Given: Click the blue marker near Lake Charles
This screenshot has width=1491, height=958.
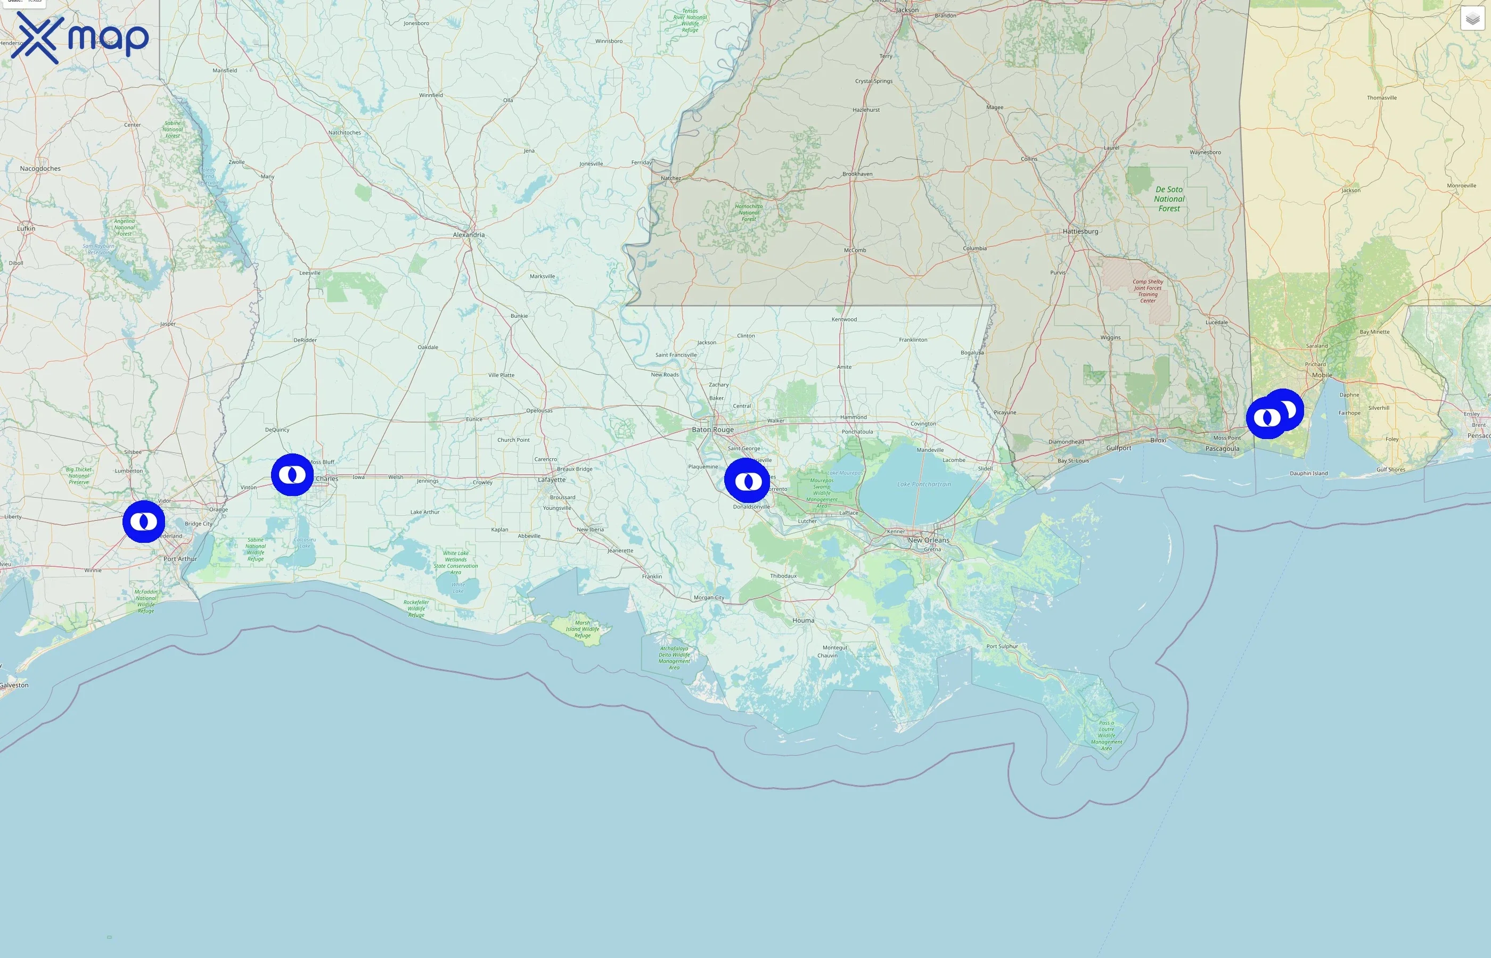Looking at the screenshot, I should click(292, 475).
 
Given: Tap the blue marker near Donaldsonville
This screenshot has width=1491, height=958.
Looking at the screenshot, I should click(748, 480).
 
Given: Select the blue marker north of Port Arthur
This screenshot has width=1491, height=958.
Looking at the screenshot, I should click(144, 521).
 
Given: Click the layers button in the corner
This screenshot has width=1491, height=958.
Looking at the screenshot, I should click(1472, 19).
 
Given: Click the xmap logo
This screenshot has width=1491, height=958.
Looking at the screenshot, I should click(80, 38).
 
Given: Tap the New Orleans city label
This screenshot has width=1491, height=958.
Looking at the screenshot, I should click(929, 540).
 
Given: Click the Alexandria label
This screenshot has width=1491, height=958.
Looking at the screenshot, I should click(469, 235).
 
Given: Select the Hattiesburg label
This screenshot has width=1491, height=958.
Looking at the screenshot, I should click(1080, 232).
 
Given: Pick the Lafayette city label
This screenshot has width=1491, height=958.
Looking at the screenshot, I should click(552, 480).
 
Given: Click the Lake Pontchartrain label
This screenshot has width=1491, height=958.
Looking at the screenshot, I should click(923, 484).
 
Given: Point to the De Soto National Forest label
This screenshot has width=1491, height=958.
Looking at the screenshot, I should click(1169, 199).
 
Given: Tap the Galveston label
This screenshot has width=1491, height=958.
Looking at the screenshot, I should click(14, 685).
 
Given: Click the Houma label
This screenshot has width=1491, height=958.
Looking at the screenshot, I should click(803, 620).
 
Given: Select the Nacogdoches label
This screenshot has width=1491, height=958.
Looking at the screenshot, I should click(40, 169).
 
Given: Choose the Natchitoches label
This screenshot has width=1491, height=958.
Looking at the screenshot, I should click(344, 133).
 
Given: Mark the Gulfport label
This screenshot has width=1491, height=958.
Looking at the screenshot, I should click(1118, 448).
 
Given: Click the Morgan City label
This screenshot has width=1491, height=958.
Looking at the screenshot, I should click(709, 598).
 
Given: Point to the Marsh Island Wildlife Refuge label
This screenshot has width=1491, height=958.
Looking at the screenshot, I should click(583, 629).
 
